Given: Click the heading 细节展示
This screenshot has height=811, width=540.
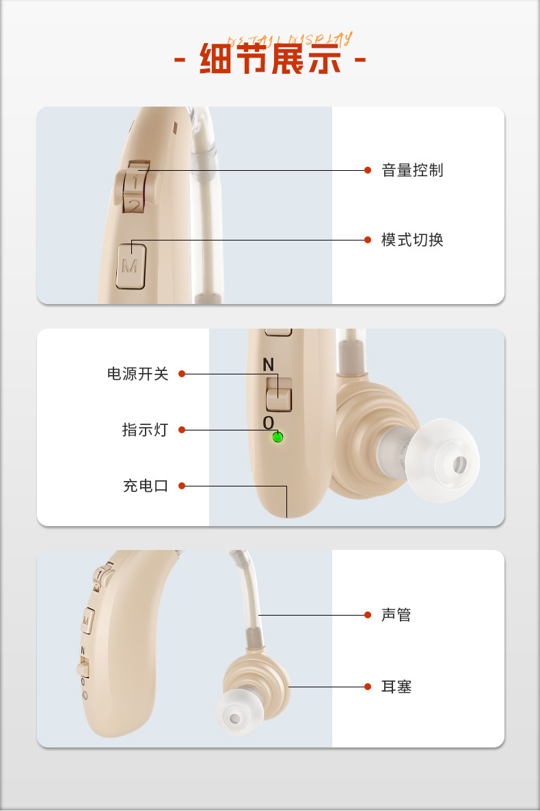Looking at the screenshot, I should pos(270,60).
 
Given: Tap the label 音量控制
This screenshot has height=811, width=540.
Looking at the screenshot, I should pos(412,170).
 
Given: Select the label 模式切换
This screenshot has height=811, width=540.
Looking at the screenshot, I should pos(412,240).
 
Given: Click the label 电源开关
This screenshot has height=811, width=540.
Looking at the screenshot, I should pos(137,374).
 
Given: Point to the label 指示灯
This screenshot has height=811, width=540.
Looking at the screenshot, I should pos(145,430).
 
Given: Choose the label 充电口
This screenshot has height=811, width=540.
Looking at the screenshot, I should pos(145,486).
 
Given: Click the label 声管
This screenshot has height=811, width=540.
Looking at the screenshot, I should pos(396,615).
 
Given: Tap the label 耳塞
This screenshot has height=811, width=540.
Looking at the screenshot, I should pos(396,687).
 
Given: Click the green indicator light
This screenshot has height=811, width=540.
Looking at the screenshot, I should pos(278,437).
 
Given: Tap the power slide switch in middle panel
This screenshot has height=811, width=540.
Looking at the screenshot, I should pos(279,394).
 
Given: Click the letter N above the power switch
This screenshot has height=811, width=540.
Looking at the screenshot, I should pos(268,366).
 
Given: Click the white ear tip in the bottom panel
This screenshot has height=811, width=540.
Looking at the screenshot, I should pos(237,716).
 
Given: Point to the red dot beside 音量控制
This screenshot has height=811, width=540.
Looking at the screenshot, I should pos(368,170).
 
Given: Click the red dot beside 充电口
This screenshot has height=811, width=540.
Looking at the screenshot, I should pos(182,486).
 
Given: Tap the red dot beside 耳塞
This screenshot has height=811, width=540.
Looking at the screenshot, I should pos(368,687).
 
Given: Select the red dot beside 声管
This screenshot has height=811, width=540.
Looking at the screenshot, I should pos(368,615).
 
